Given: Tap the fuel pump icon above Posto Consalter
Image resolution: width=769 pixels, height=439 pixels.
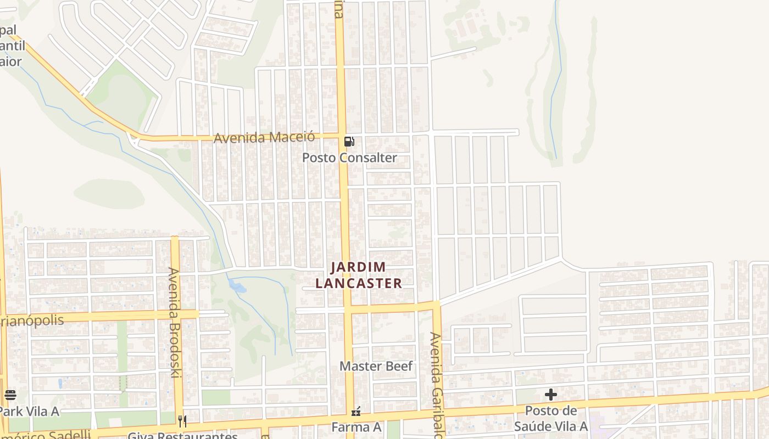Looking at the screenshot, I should click(349, 142).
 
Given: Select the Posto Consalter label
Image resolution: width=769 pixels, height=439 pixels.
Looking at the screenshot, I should click(349, 158).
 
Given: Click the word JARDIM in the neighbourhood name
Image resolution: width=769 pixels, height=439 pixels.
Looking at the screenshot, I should click(358, 268).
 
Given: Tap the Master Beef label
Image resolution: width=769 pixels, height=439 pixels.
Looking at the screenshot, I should click(376, 366).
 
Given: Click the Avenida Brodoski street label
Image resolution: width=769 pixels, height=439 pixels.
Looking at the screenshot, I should click(175, 322).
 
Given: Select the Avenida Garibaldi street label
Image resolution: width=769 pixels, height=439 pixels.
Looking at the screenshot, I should click(436, 384).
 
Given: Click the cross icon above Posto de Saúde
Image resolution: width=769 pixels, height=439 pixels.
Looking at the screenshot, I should click(550, 395).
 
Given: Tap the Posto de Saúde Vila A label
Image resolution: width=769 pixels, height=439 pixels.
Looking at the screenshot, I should click(551, 419).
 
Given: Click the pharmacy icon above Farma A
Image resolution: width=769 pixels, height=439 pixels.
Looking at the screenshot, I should click(356, 410).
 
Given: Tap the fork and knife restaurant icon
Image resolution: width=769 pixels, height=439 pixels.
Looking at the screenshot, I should click(182, 421).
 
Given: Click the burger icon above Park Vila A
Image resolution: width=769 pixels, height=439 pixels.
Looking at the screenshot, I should click(10, 395).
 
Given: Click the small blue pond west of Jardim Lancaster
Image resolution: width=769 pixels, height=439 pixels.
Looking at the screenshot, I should click(237, 286).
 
